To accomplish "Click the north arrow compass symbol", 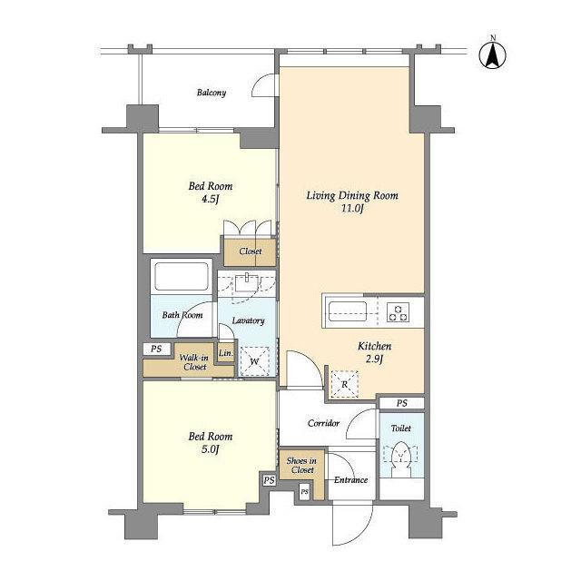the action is point(492,55).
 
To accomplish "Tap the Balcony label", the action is point(212,93).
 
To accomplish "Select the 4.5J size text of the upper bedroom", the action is point(210,200).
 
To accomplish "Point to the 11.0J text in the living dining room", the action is point(352,209).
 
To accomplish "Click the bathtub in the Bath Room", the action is point(182,276).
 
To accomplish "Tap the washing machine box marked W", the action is point(254,361).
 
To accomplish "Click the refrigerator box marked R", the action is point(345,384).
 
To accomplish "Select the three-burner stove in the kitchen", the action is point(399,312).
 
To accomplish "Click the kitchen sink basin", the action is point(348,311).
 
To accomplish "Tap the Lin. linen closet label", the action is point(226,353).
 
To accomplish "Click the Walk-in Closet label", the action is point(193,362).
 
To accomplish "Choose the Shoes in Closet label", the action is point(301,466).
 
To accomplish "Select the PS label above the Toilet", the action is point(402,403).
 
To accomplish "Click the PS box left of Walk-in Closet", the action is point(157,349).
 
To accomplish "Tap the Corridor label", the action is point(323,423).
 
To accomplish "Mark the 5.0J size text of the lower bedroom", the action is point(210,450).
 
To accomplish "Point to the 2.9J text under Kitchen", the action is point(374,359).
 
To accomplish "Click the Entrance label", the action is point(351,480).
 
